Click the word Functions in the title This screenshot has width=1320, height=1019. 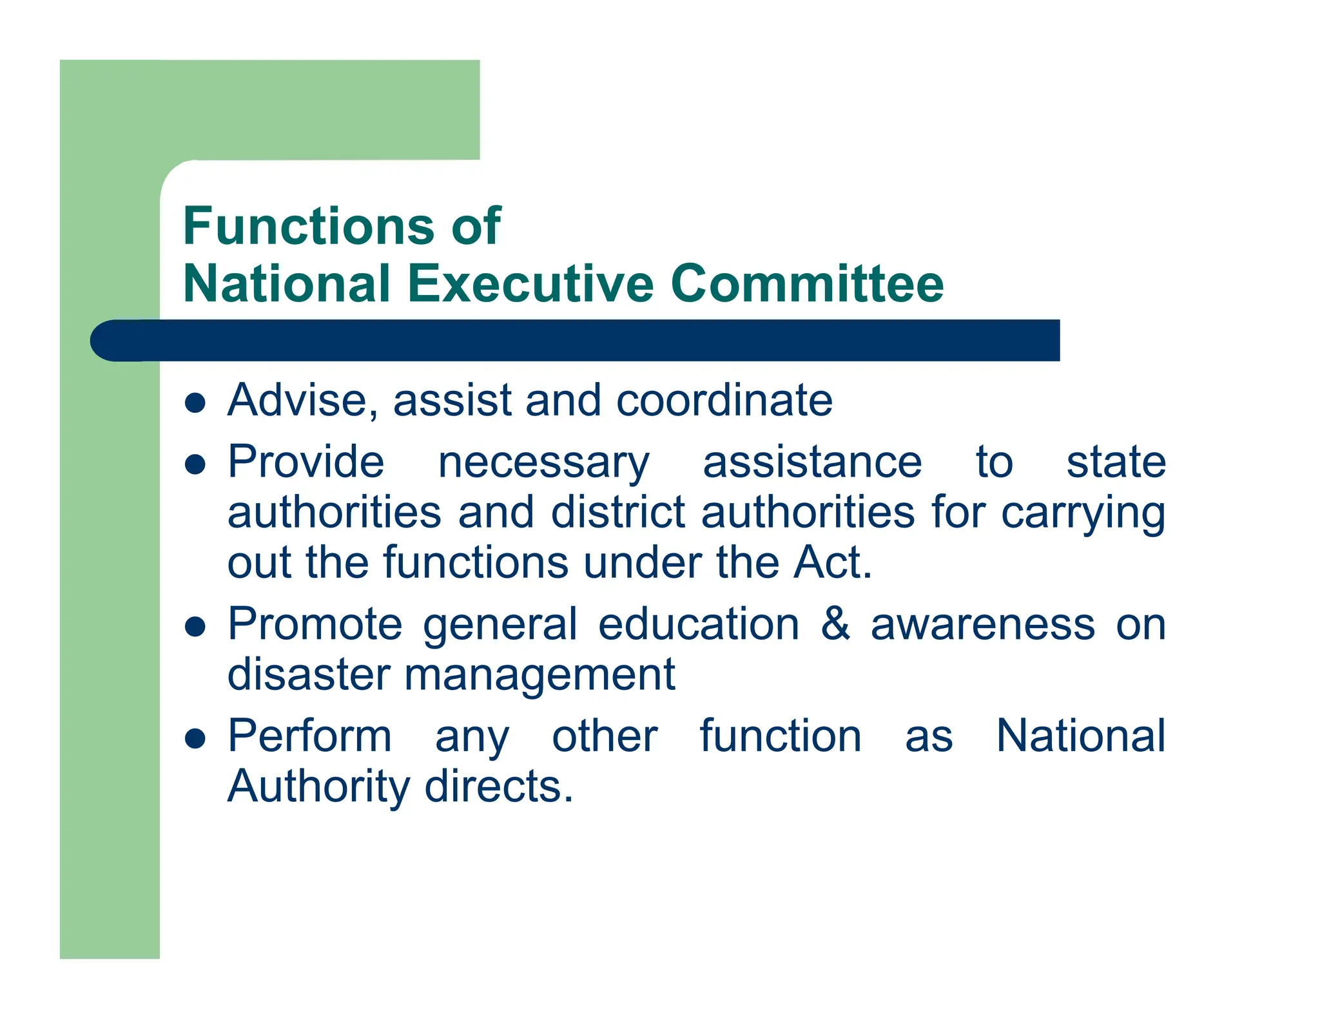(309, 226)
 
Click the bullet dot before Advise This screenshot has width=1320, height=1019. (195, 403)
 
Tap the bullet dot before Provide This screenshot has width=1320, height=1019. (195, 464)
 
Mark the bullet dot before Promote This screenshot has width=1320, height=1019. (195, 627)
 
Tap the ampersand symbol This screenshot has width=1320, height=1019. (835, 624)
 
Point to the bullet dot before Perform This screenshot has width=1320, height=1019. (195, 738)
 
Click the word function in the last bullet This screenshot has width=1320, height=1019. (781, 736)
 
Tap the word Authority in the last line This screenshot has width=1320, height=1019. (318, 788)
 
